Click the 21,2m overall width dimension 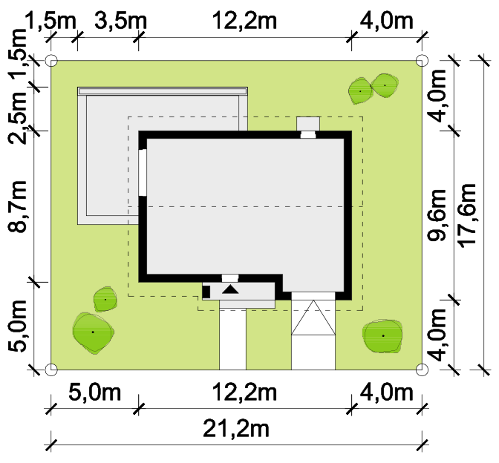(x=236, y=430)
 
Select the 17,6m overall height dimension (x=467, y=216)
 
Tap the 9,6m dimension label (x=437, y=215)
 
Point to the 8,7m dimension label (x=17, y=206)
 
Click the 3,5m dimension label (x=120, y=21)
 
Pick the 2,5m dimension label (x=17, y=117)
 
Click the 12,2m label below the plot (x=244, y=393)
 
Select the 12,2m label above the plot (x=244, y=21)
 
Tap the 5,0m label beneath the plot (x=95, y=393)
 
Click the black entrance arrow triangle (x=230, y=289)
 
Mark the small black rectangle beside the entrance (x=206, y=292)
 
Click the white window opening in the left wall (x=143, y=172)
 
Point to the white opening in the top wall (x=308, y=134)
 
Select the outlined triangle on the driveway (x=313, y=318)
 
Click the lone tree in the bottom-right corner (x=382, y=336)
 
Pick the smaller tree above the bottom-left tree (x=105, y=299)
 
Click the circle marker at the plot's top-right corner (x=422, y=60)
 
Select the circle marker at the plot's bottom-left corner (x=51, y=370)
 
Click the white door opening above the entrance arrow (x=230, y=278)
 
